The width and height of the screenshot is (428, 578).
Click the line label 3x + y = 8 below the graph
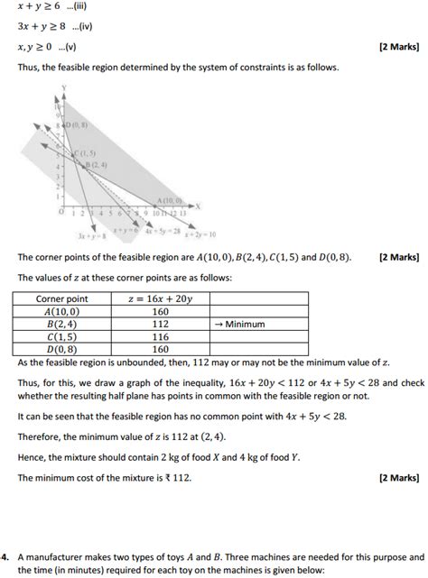pyautogui.click(x=92, y=236)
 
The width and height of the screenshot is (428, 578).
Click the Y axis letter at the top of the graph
pyautogui.click(x=64, y=87)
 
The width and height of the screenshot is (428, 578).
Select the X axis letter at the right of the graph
pyautogui.click(x=197, y=204)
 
